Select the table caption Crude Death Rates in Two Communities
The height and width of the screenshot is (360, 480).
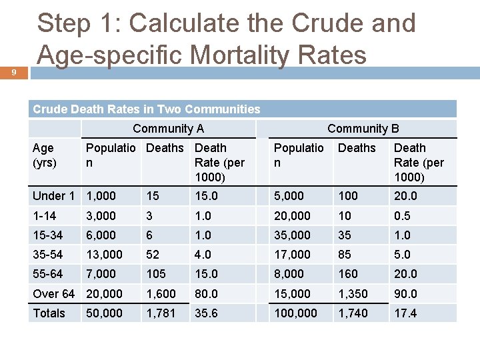tap(147, 109)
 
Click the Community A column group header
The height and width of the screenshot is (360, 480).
tap(168, 129)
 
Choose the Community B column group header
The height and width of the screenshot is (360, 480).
tap(363, 129)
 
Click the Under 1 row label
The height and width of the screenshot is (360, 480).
tap(53, 195)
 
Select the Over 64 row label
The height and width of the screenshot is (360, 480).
tap(53, 293)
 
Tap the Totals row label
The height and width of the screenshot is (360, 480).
tap(49, 313)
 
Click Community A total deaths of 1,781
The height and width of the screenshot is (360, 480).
tap(161, 313)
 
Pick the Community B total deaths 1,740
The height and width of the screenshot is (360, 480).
tap(353, 313)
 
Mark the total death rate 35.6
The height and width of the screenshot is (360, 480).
tap(206, 313)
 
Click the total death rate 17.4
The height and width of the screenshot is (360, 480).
tap(405, 313)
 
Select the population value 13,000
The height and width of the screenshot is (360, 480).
tap(105, 254)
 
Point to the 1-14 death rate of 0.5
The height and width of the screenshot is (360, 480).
tap(402, 215)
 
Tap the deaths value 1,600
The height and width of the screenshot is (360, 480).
tap(161, 293)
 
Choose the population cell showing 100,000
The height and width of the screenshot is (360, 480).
tap(295, 313)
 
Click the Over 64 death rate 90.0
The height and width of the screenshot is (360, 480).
tap(405, 293)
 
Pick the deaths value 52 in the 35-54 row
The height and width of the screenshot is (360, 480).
tap(153, 254)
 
